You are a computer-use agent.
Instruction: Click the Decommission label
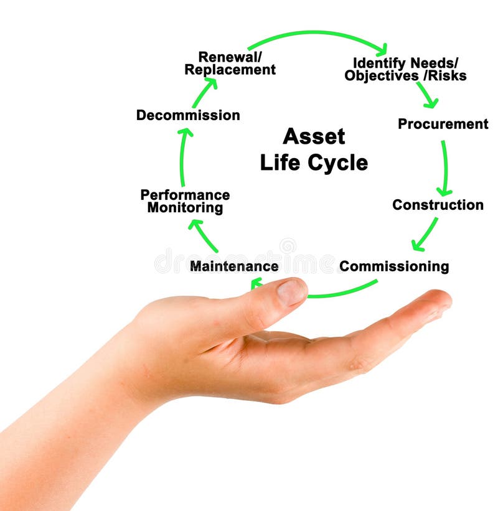[188, 115]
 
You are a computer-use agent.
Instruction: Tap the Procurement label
[443, 124]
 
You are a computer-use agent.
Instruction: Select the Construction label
[438, 205]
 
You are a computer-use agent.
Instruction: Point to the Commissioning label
[394, 266]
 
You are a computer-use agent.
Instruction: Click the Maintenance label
[234, 266]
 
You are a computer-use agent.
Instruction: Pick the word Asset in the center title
[314, 136]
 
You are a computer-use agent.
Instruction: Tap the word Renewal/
[230, 57]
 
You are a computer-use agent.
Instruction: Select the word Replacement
[230, 70]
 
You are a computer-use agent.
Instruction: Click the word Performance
[185, 195]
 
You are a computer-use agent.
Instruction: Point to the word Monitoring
[185, 208]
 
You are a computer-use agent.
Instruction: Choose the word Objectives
[382, 76]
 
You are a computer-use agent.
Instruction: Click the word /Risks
[445, 75]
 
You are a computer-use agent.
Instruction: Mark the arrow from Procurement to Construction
[445, 168]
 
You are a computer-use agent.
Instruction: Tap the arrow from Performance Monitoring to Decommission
[182, 157]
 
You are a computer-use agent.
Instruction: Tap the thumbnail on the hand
[291, 293]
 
